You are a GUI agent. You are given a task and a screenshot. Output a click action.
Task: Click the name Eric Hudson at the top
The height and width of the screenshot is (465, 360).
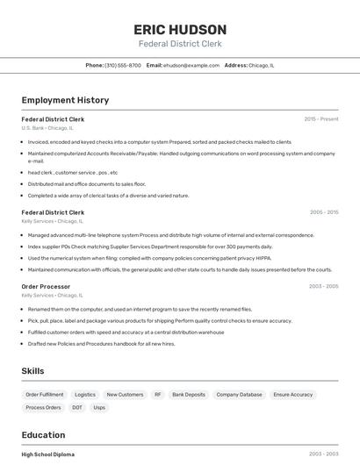click(x=179, y=29)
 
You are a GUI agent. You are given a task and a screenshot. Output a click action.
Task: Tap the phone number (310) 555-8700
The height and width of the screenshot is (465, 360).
click(x=123, y=66)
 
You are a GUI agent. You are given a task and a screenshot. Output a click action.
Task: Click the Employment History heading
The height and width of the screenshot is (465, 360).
click(x=65, y=100)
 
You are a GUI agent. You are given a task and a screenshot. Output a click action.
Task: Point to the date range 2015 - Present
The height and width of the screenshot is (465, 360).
click(x=320, y=118)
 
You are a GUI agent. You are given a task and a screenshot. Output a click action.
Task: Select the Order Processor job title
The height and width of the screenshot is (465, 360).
click(x=46, y=286)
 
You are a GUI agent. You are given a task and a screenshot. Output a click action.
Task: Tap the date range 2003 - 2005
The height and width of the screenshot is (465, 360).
click(x=323, y=286)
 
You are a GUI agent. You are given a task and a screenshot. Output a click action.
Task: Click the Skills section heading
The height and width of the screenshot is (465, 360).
click(x=32, y=371)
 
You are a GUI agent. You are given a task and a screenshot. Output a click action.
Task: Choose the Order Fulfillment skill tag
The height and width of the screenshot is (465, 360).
click(x=45, y=395)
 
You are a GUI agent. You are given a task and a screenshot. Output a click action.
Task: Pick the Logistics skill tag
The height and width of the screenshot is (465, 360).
click(x=85, y=395)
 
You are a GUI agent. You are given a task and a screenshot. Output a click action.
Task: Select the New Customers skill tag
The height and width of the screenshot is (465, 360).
click(x=125, y=395)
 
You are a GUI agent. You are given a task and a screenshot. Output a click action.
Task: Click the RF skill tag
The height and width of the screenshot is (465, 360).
click(x=158, y=395)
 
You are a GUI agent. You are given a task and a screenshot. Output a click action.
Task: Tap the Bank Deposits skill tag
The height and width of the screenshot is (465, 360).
click(x=189, y=395)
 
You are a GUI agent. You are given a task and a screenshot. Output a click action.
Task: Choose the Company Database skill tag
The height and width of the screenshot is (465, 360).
click(x=239, y=395)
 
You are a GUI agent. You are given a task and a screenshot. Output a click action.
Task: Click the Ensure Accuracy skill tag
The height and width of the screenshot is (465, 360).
click(x=292, y=395)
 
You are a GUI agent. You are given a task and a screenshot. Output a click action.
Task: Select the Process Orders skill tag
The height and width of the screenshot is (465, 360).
click(x=43, y=408)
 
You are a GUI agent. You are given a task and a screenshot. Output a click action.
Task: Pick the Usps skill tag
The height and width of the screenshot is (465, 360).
click(x=99, y=408)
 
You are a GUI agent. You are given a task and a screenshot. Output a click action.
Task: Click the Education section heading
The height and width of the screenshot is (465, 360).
click(x=43, y=435)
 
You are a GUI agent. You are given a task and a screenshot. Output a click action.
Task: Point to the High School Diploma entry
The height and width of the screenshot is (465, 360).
click(x=48, y=454)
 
